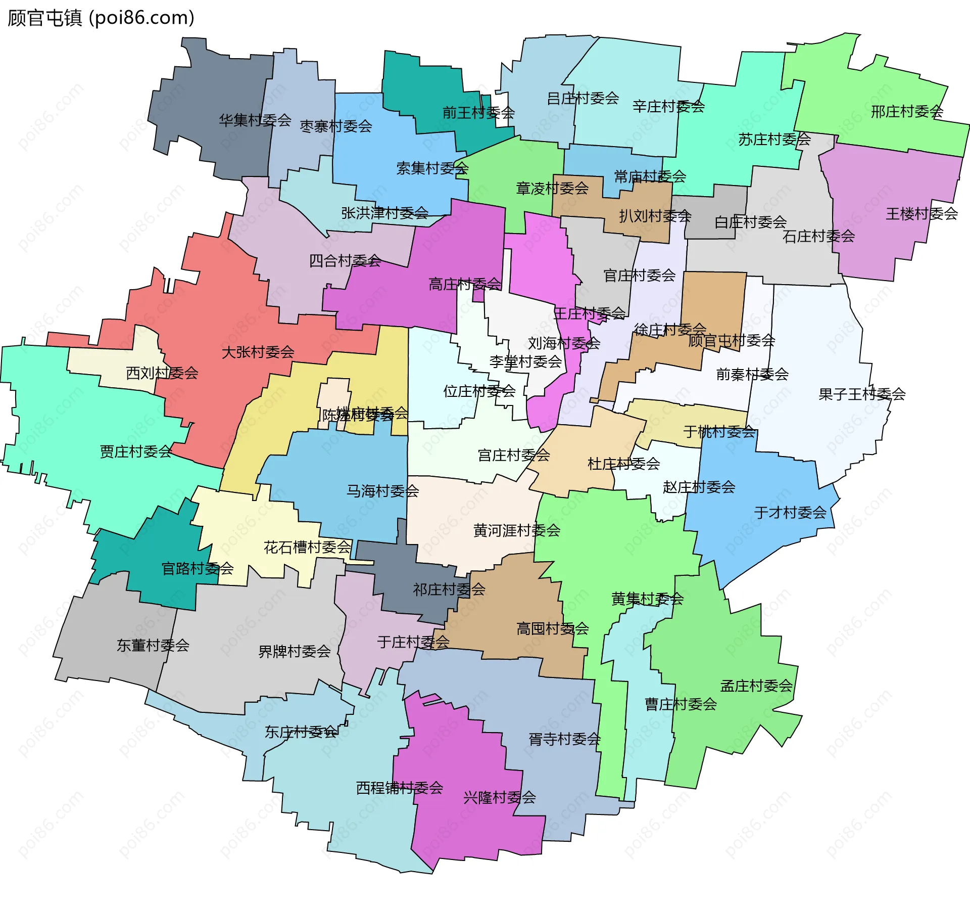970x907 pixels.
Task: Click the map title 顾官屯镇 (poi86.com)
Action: point(101,18)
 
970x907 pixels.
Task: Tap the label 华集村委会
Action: point(255,120)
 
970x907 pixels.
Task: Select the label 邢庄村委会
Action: point(907,112)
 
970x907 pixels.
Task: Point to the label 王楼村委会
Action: point(922,214)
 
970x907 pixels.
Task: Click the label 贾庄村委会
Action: point(136,451)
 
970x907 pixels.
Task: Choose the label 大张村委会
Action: point(258,352)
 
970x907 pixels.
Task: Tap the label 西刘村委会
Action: point(162,373)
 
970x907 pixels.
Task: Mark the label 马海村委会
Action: point(382,490)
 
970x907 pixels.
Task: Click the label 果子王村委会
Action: point(862,394)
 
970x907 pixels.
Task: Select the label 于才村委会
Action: point(790,513)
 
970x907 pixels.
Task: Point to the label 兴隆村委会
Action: point(499,797)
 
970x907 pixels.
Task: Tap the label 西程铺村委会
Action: point(399,788)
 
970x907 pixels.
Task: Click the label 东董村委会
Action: point(153,645)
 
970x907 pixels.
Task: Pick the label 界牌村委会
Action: point(294,651)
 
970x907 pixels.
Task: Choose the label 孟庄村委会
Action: point(756,686)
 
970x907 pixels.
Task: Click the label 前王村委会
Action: point(478,113)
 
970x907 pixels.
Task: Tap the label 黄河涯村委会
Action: point(516,530)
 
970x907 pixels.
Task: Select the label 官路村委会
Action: point(197,569)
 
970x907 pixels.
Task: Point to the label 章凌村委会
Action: point(552,189)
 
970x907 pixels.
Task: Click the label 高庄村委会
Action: point(465,284)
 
